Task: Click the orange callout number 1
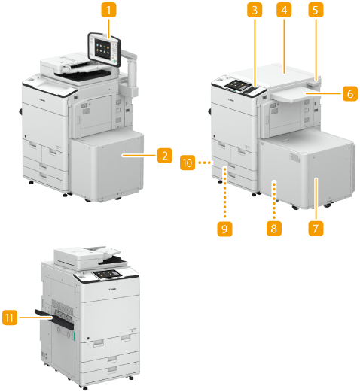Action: [x=108, y=10]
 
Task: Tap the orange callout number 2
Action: [x=165, y=156]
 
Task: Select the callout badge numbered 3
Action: [x=255, y=10]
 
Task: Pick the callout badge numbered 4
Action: [x=284, y=10]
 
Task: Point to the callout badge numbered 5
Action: [x=316, y=10]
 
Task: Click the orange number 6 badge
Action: [x=350, y=93]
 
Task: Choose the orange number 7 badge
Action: [x=316, y=228]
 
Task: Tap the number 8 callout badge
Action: [x=274, y=228]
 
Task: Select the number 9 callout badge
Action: [x=224, y=229]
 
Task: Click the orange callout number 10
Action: [x=188, y=163]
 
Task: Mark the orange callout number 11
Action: [x=10, y=318]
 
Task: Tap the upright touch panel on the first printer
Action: [x=105, y=49]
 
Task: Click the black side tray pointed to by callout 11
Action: [x=54, y=319]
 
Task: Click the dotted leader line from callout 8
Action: [x=274, y=201]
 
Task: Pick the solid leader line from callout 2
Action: [x=139, y=156]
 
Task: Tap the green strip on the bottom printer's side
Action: [x=75, y=336]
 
